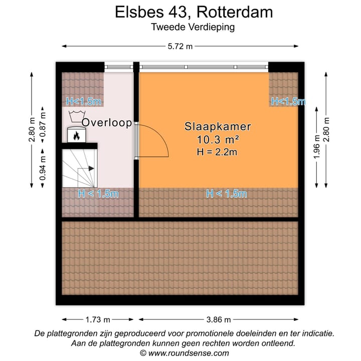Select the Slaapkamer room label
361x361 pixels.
click(218, 127)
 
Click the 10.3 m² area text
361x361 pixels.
click(218, 139)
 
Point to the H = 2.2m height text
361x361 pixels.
click(218, 151)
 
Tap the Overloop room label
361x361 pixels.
click(107, 122)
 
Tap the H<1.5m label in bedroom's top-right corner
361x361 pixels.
click(288, 101)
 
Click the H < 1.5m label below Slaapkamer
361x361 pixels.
click(227, 194)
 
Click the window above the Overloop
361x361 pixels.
click(119, 66)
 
